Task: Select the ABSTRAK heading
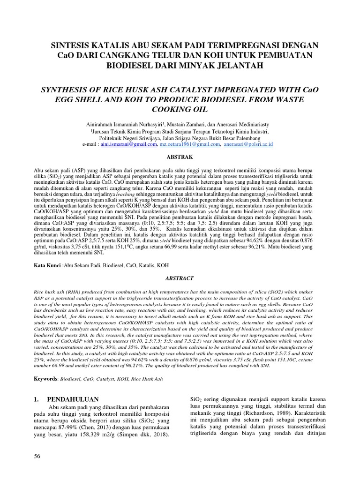coord(180,158)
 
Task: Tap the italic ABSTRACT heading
coord(180,278)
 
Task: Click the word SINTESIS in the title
coord(71,45)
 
